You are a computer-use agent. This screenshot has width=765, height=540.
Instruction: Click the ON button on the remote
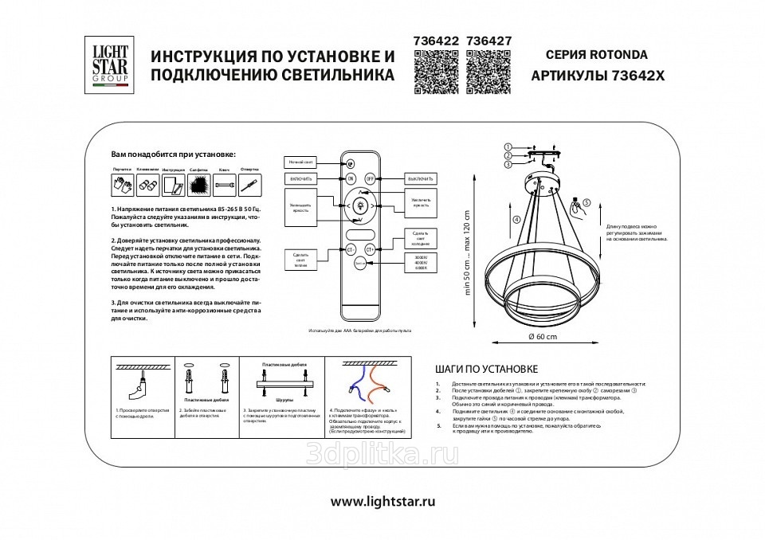click(351, 179)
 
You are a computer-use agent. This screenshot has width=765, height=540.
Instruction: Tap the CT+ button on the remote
click(370, 249)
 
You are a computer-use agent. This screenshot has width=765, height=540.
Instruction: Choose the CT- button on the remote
click(351, 249)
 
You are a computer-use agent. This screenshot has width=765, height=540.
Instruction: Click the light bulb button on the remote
click(359, 205)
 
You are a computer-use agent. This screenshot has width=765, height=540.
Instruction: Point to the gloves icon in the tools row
click(120, 186)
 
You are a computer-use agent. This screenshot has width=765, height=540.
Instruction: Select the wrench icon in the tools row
click(223, 186)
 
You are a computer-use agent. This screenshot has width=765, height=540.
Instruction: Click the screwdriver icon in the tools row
click(249, 186)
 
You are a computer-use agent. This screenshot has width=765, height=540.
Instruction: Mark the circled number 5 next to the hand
click(586, 203)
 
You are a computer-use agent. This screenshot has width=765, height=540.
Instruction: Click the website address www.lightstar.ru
click(382, 502)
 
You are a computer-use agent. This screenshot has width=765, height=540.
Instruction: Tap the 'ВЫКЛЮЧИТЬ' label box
click(418, 178)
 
